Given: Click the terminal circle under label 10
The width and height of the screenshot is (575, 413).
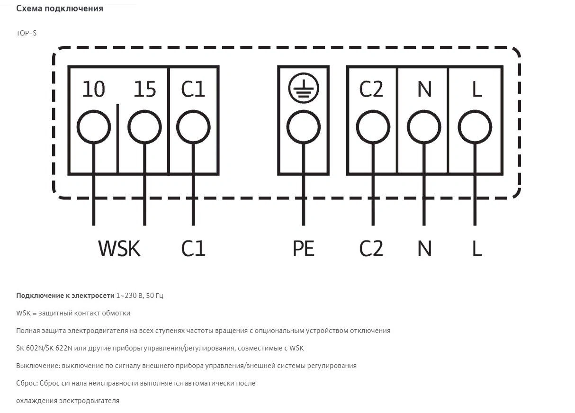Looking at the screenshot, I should click(94, 127).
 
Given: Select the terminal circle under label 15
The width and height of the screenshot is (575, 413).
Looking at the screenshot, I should click(144, 127).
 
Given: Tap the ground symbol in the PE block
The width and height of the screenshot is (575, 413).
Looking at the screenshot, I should click(304, 89).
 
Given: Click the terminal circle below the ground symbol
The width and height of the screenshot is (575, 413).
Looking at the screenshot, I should click(304, 127).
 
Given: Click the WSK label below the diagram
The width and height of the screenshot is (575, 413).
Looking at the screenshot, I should click(119, 248).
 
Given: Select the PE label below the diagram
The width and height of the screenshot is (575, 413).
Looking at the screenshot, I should click(304, 248).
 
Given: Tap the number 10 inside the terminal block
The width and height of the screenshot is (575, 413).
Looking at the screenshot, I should click(94, 89).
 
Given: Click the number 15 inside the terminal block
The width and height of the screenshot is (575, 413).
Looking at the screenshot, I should click(144, 89).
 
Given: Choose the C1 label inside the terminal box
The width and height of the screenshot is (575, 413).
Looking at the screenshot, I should click(193, 89).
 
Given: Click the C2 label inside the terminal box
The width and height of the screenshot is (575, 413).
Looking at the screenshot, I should click(371, 89).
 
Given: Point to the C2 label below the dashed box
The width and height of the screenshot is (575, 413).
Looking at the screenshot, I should click(371, 248).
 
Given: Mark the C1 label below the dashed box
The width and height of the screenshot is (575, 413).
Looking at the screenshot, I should click(193, 248).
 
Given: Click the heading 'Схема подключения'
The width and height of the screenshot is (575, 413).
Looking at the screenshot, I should click(60, 9).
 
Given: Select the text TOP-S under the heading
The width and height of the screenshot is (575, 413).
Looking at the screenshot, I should click(26, 33).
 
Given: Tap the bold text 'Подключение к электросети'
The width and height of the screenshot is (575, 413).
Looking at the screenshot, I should click(65, 296).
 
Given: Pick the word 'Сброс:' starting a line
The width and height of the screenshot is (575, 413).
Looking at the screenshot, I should click(27, 383).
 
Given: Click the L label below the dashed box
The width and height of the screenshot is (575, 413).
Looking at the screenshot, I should click(477, 248).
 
